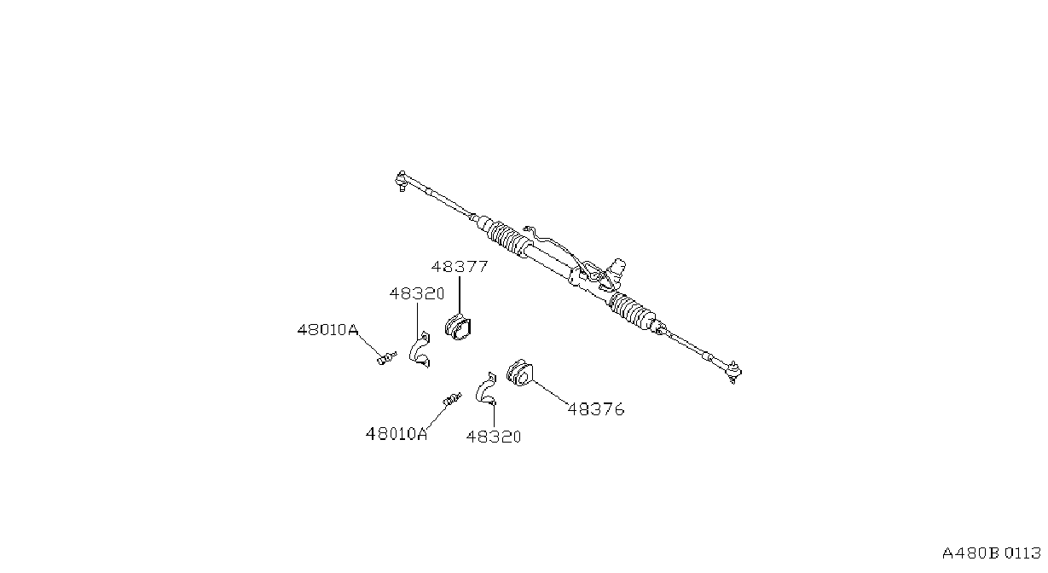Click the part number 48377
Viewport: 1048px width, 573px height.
point(460,267)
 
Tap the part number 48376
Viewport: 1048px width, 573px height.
point(596,410)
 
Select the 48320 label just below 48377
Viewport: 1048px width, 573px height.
point(417,294)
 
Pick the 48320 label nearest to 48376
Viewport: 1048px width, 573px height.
point(494,437)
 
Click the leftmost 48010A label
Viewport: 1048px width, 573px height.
point(328,330)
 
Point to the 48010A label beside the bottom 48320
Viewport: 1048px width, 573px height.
point(397,434)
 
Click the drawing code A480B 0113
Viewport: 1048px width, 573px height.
point(992,554)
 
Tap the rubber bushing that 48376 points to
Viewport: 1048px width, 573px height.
point(520,373)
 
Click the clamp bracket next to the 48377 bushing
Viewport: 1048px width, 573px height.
point(420,350)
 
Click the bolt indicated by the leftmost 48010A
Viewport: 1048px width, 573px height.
point(387,358)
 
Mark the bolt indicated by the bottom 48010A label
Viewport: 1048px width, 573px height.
point(452,399)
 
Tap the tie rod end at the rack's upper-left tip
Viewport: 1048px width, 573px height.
point(402,181)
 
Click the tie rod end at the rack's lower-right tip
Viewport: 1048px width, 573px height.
point(734,373)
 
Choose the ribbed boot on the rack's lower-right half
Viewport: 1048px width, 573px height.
point(631,310)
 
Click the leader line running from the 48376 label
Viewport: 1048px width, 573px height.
point(551,392)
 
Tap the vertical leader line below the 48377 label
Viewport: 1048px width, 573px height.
point(460,296)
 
